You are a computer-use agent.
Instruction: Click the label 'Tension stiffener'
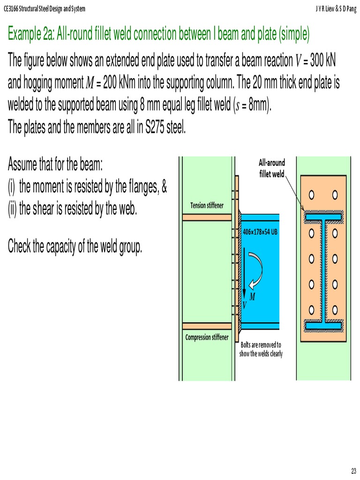(x=207, y=205)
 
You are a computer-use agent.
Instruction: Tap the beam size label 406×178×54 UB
(x=261, y=232)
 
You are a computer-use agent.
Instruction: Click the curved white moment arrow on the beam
(x=256, y=270)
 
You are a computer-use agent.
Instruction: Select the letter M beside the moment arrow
(x=252, y=297)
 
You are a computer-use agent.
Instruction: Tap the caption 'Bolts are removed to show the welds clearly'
(x=261, y=349)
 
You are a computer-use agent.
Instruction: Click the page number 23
(x=353, y=471)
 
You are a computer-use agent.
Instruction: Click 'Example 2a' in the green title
(x=31, y=34)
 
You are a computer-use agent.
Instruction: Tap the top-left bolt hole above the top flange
(x=311, y=194)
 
